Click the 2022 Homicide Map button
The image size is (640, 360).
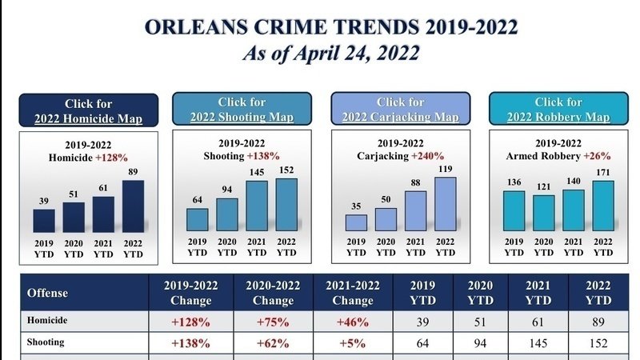(x=88, y=110)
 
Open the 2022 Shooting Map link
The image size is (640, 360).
(x=242, y=110)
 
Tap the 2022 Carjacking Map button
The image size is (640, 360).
(x=401, y=110)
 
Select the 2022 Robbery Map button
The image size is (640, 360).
(x=558, y=110)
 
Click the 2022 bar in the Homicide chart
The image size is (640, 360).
(x=134, y=206)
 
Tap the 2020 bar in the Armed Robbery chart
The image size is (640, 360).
(x=543, y=212)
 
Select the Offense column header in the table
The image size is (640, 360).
(x=48, y=293)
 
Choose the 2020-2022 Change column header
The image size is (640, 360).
(x=273, y=293)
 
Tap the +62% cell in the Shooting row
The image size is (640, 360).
(x=273, y=342)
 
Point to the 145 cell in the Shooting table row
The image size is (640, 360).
(x=539, y=342)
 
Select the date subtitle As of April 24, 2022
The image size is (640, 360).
(x=331, y=54)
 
